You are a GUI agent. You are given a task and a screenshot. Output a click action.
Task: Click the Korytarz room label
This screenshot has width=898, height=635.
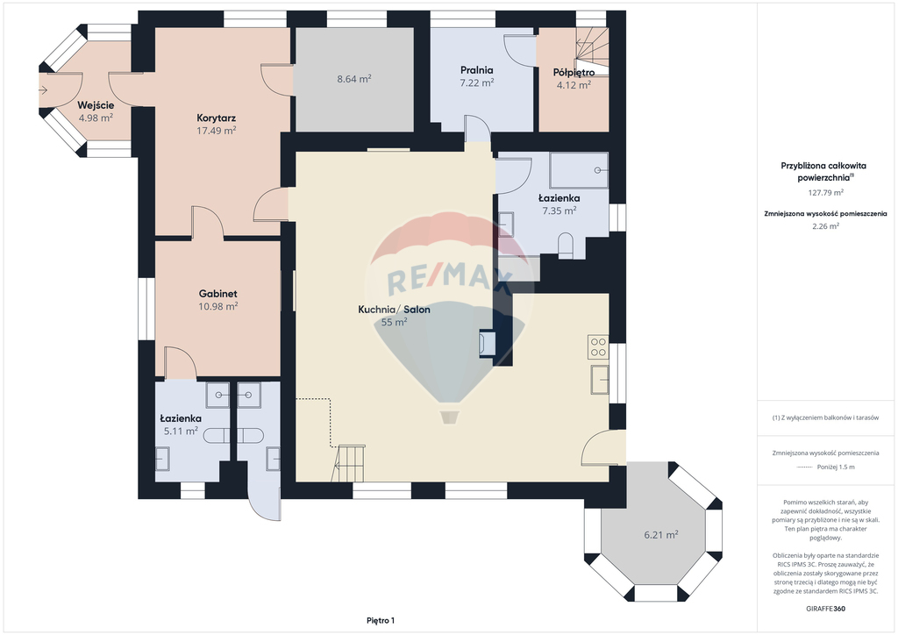tap(217, 118)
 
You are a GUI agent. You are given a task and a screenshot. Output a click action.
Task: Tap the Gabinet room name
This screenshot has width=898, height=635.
tap(218, 294)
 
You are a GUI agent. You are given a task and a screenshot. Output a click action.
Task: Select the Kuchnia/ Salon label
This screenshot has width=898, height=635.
tap(394, 310)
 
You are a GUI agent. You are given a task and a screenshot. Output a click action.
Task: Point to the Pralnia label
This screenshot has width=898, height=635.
tap(476, 70)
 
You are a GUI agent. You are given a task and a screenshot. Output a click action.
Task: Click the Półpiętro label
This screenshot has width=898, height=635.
tap(574, 73)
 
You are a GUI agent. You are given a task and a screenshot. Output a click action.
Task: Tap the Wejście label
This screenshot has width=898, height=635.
tap(96, 105)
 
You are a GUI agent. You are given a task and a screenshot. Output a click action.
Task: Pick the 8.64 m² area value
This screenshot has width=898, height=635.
tap(354, 79)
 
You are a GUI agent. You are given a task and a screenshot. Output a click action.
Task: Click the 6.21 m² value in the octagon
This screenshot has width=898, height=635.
tap(661, 535)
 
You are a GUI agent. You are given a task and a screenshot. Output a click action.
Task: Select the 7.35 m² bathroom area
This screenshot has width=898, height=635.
tap(559, 210)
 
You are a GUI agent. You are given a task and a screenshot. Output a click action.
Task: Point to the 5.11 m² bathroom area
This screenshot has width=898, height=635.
tap(181, 432)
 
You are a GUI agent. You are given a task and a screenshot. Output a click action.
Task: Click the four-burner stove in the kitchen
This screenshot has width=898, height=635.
tap(598, 347)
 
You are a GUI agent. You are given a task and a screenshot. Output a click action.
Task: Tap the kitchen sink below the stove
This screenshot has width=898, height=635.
tap(600, 380)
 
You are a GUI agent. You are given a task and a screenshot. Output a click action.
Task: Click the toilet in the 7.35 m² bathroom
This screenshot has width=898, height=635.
tap(566, 245)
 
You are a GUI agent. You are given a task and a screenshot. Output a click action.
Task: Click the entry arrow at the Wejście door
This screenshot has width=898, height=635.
tap(43, 89)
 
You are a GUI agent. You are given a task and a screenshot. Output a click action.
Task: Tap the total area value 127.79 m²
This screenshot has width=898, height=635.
tap(825, 193)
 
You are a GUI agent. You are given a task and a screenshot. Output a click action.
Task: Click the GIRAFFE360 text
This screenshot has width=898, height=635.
tap(825, 609)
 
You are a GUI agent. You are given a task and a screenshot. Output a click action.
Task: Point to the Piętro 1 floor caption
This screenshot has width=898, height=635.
tap(381, 621)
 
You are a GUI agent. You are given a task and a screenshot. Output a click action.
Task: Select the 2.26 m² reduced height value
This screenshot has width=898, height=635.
tap(825, 226)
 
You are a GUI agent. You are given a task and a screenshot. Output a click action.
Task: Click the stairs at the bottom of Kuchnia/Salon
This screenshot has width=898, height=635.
tap(348, 463)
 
